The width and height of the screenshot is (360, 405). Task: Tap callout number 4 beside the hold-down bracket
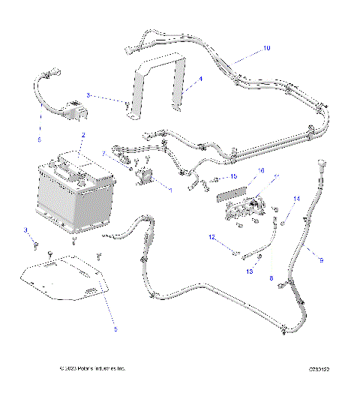point(200,77)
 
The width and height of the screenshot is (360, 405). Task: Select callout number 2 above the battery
point(83,135)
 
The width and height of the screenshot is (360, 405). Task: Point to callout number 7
point(104,154)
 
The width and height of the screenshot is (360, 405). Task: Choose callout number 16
point(241,171)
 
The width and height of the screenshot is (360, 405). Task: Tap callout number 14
point(296,199)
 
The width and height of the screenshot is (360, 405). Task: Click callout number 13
point(250,272)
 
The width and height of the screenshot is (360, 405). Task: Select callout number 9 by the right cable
point(321,260)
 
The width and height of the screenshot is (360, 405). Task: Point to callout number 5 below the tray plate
point(115,328)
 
